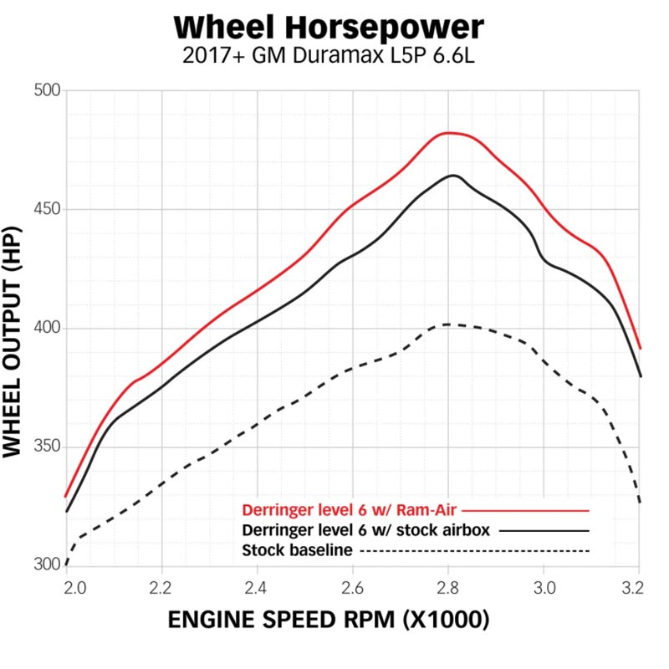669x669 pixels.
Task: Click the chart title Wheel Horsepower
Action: [329, 28]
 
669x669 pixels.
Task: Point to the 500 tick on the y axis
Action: [47, 91]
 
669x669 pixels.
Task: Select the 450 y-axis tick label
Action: [47, 209]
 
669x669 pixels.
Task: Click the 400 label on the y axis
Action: [47, 328]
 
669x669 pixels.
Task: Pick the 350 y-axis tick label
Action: [47, 447]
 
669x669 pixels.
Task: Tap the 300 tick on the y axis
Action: [47, 564]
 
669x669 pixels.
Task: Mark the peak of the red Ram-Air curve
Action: [450, 132]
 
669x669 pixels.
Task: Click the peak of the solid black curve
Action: [453, 175]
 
